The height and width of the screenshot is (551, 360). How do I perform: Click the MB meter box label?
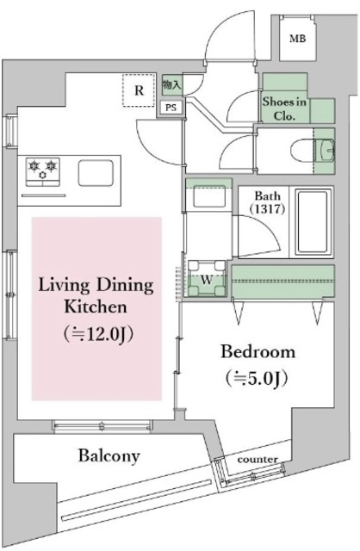coord(297,38)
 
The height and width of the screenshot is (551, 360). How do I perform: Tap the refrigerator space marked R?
coord(139,90)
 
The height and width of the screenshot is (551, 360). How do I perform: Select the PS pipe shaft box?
coord(171,107)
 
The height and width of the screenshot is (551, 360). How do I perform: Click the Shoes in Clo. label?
coord(284,108)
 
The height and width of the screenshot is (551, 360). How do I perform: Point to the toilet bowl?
coord(302,152)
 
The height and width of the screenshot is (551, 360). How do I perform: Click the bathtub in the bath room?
coord(313,222)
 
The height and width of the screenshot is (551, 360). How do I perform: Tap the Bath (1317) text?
coord(267,202)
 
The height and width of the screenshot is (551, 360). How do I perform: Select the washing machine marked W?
coord(207,278)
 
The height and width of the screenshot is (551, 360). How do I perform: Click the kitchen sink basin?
coord(96,173)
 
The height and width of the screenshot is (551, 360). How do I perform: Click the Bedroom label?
coord(258,352)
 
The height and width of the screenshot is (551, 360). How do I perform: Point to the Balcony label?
coord(109,455)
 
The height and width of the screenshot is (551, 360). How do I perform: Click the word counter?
coord(258,459)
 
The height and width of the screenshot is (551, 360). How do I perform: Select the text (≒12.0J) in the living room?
coord(99,334)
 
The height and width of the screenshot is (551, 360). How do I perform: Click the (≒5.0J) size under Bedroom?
coord(257,378)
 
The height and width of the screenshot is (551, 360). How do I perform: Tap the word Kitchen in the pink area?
coord(96,306)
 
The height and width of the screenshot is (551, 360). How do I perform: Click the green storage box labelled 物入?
coord(172,84)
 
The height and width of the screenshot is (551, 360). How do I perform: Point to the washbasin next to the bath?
coord(208,196)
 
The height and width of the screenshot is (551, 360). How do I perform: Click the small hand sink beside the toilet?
coord(325,151)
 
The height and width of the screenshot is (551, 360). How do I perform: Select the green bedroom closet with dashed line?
coord(282,282)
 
